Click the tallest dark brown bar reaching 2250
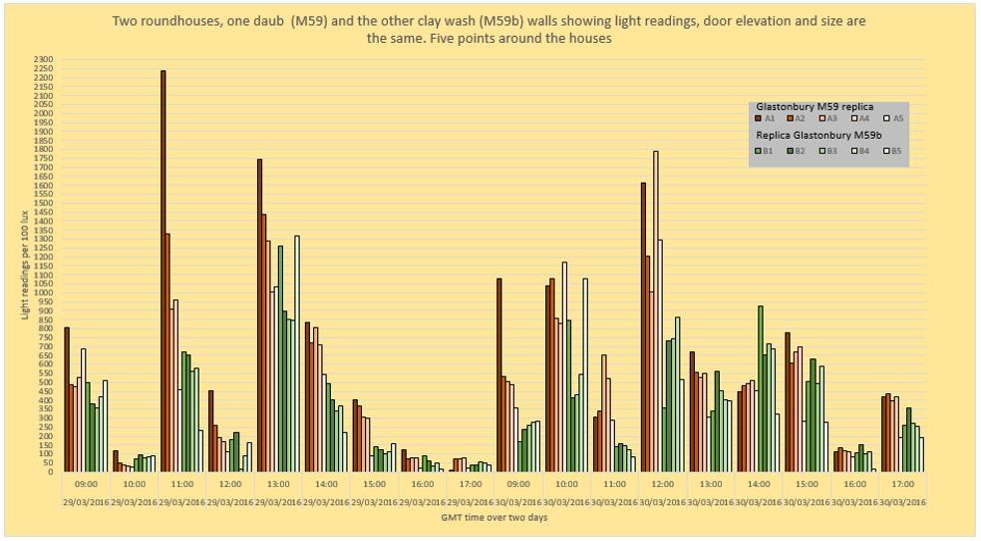point(163,270)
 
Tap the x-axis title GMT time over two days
point(494,517)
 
